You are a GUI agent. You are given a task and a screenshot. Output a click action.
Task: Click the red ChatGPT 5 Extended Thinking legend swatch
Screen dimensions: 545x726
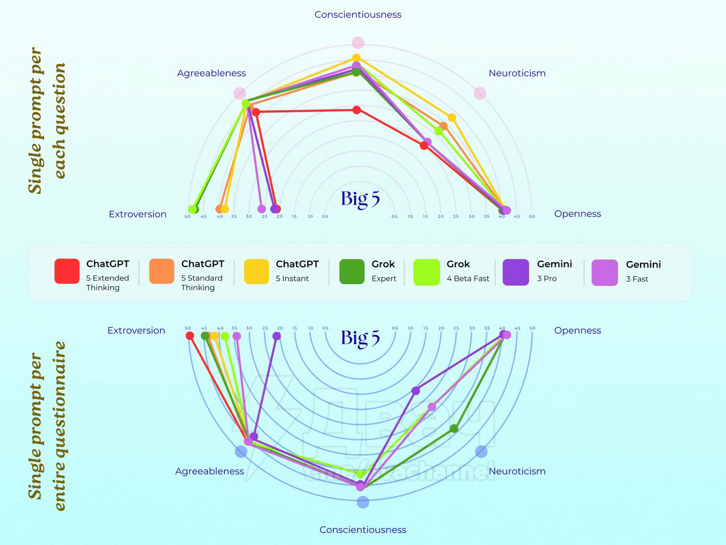(67, 271)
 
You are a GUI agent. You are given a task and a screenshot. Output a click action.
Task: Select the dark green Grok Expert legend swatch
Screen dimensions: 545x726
(352, 271)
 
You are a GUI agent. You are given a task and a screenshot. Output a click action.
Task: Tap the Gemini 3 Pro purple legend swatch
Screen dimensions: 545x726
(515, 272)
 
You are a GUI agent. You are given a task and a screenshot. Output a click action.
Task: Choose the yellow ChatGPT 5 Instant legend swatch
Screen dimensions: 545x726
(256, 271)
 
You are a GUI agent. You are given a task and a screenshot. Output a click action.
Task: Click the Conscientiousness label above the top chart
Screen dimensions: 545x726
(358, 15)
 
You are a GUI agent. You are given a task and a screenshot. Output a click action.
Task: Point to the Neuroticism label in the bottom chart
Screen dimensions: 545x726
(517, 471)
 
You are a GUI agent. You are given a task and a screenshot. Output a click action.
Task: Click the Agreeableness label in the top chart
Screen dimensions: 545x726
(211, 73)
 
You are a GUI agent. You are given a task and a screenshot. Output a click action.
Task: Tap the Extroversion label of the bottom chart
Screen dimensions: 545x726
(136, 330)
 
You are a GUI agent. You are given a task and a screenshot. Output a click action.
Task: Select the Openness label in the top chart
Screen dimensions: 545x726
(577, 214)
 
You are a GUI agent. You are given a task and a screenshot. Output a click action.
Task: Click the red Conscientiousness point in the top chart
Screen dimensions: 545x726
(357, 110)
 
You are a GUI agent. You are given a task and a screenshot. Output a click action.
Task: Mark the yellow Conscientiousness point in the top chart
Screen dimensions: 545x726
(356, 58)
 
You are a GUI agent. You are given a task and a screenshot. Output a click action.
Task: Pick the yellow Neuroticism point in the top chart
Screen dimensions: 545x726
(452, 118)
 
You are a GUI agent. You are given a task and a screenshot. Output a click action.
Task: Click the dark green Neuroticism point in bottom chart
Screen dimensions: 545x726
(454, 428)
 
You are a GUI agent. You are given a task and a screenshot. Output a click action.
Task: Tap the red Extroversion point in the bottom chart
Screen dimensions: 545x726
(190, 336)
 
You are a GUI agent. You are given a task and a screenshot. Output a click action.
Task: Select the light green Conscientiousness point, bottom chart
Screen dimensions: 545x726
(360, 473)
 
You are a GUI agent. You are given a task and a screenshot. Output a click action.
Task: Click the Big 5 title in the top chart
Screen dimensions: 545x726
(360, 199)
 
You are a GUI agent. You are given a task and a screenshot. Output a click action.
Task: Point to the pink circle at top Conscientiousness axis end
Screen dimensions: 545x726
(358, 43)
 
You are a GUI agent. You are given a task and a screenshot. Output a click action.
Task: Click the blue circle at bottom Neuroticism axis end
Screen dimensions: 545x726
(481, 451)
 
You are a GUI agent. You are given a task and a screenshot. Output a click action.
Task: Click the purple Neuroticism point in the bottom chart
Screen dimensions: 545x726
(416, 391)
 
